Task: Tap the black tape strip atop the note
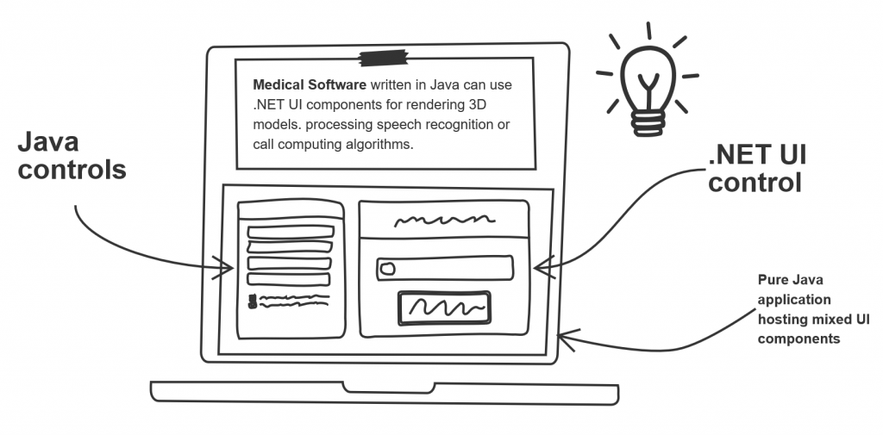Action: pos(384,58)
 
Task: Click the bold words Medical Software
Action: pos(310,85)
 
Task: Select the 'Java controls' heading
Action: pos(72,156)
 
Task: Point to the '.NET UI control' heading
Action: pos(757,168)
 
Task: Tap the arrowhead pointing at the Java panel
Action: pos(223,267)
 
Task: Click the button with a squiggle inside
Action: pos(444,308)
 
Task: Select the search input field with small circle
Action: pos(445,268)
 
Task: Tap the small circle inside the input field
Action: pos(387,269)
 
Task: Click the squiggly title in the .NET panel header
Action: pos(444,220)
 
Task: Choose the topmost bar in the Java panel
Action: pos(291,232)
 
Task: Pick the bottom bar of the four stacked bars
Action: pos(289,278)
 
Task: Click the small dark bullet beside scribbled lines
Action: pos(253,301)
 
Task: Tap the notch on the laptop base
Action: pos(389,388)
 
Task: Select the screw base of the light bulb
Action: pos(648,122)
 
